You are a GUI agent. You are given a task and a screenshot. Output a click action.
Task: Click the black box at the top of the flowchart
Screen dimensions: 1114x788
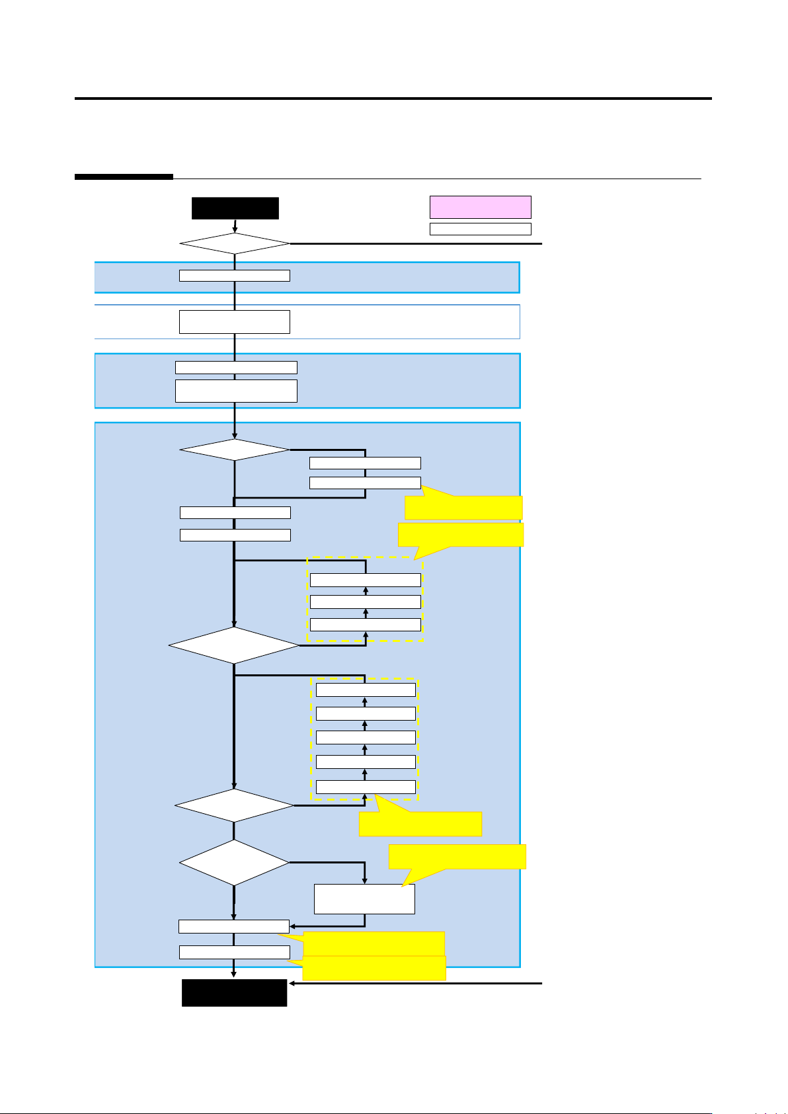(235, 208)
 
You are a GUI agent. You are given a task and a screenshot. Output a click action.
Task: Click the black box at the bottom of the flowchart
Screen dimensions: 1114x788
(234, 992)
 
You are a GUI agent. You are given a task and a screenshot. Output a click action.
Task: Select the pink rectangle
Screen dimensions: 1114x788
(480, 207)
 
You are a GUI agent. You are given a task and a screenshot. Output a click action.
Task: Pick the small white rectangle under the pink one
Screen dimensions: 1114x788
(480, 229)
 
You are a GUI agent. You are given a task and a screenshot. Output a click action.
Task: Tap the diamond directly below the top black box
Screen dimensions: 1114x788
(235, 244)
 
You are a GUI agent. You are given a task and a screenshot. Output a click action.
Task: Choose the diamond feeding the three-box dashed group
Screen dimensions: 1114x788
(234, 645)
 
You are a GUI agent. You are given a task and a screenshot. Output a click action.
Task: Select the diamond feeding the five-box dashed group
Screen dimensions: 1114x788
(234, 805)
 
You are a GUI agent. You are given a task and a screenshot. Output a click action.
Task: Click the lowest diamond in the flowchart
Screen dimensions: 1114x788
(234, 862)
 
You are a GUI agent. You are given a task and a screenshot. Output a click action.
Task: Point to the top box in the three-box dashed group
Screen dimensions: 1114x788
(365, 580)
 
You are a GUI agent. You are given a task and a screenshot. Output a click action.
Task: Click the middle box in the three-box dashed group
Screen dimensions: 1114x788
(365, 602)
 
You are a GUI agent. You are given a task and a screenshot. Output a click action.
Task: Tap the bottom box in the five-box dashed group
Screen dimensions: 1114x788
(366, 787)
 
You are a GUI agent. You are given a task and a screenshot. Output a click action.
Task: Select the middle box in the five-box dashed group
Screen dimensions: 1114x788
(366, 737)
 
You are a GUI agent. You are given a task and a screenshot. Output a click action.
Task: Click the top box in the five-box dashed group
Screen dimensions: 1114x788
(366, 690)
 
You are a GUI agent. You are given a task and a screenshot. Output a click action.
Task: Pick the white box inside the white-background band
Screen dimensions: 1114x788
(234, 321)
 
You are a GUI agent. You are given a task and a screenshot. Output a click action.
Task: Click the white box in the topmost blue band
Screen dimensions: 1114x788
(234, 276)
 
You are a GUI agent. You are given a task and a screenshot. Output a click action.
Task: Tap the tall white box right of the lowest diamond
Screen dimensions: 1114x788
(364, 899)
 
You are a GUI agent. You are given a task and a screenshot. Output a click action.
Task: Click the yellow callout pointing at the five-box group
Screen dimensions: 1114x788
(420, 824)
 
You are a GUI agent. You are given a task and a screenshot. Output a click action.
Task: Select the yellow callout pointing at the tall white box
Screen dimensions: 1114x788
(457, 856)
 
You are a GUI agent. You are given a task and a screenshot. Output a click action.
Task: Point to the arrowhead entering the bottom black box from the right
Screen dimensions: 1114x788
(292, 984)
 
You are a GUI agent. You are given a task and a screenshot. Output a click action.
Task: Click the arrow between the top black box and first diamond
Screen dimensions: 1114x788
(235, 226)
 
